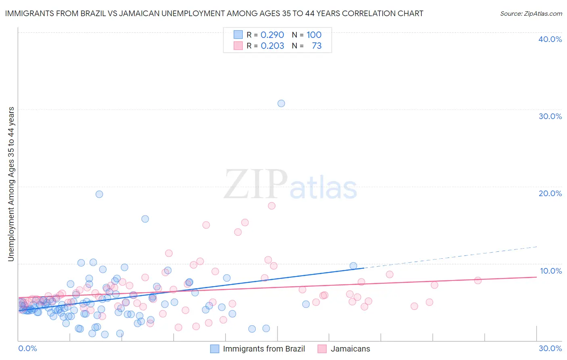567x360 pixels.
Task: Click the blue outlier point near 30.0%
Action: [x=281, y=103]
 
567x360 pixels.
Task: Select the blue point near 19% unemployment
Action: [x=99, y=194]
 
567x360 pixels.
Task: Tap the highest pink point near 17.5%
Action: [x=272, y=206]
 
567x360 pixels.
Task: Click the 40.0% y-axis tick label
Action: [x=550, y=39]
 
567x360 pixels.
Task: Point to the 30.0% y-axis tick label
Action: [x=550, y=116]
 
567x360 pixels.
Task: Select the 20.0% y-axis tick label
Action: [x=550, y=193]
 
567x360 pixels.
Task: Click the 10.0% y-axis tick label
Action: [x=550, y=270]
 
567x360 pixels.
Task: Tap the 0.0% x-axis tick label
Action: [x=27, y=348]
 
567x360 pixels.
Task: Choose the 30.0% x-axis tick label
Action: [x=550, y=348]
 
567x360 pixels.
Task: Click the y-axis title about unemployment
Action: [x=11, y=184]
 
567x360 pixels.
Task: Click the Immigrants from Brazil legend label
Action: [x=264, y=349]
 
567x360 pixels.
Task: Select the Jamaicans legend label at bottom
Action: [x=350, y=349]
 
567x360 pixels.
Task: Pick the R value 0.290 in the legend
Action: [x=272, y=35]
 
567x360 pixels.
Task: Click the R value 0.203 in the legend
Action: [x=272, y=46]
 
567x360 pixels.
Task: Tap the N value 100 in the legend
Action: [x=314, y=35]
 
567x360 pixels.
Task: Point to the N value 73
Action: [x=317, y=46]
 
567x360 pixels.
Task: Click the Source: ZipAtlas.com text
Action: [x=531, y=13]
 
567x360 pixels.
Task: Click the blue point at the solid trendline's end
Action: [x=353, y=266]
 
